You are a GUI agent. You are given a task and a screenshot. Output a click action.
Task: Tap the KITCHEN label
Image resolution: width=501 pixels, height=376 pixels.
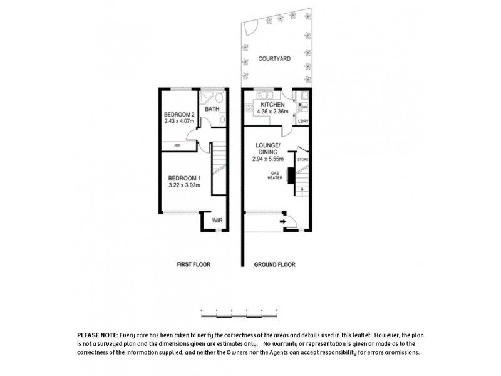point(273,105)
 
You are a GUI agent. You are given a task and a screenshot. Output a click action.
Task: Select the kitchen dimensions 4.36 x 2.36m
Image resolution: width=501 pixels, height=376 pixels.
point(273,112)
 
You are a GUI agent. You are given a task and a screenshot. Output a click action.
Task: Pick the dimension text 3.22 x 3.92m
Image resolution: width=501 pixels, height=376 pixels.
point(183,185)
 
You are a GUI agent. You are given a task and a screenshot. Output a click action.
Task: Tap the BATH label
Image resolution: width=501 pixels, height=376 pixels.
point(212,109)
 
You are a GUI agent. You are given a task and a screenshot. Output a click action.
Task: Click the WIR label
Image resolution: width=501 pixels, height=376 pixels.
point(217,221)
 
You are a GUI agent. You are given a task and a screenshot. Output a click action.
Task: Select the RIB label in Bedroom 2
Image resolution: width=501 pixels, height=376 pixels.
point(177,146)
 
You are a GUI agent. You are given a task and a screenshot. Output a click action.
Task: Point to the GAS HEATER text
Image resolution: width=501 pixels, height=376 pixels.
point(275,175)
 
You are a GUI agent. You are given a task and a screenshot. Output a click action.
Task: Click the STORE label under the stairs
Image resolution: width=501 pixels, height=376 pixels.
point(303,160)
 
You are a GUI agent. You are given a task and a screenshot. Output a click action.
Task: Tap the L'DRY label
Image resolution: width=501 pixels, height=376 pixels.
point(303,120)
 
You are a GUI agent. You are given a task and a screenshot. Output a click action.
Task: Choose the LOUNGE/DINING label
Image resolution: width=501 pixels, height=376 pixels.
point(268,149)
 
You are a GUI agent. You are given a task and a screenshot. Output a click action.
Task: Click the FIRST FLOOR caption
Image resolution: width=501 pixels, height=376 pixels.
point(194,264)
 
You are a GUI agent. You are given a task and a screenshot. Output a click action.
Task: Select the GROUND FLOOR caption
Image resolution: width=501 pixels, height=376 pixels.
point(274,264)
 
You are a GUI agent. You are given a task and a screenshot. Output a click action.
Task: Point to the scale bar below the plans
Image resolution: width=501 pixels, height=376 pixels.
point(239,311)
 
